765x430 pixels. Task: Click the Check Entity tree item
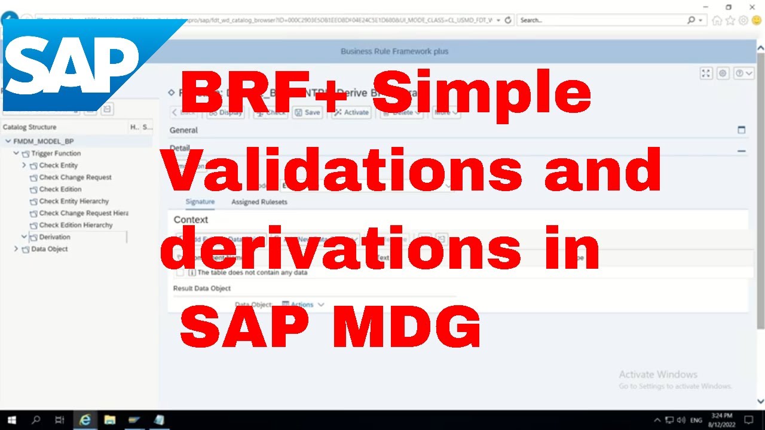tap(58, 165)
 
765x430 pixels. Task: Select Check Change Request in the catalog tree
tap(75, 177)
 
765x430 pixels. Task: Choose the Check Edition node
tap(60, 189)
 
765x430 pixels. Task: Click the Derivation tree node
tap(54, 237)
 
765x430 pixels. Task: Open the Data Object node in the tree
tap(49, 249)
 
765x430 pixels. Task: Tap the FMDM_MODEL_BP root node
tap(43, 142)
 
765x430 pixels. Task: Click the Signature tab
tap(200, 202)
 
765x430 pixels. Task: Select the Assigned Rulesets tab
tap(259, 202)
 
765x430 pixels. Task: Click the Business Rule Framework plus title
tap(394, 51)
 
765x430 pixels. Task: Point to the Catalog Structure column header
tap(29, 127)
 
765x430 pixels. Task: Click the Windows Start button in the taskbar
tap(11, 420)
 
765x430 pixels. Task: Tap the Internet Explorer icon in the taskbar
tap(85, 420)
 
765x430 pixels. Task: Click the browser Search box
tap(601, 20)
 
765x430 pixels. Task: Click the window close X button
tap(752, 7)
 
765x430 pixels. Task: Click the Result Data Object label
tap(201, 288)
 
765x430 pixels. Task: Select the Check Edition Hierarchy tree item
tap(76, 225)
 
